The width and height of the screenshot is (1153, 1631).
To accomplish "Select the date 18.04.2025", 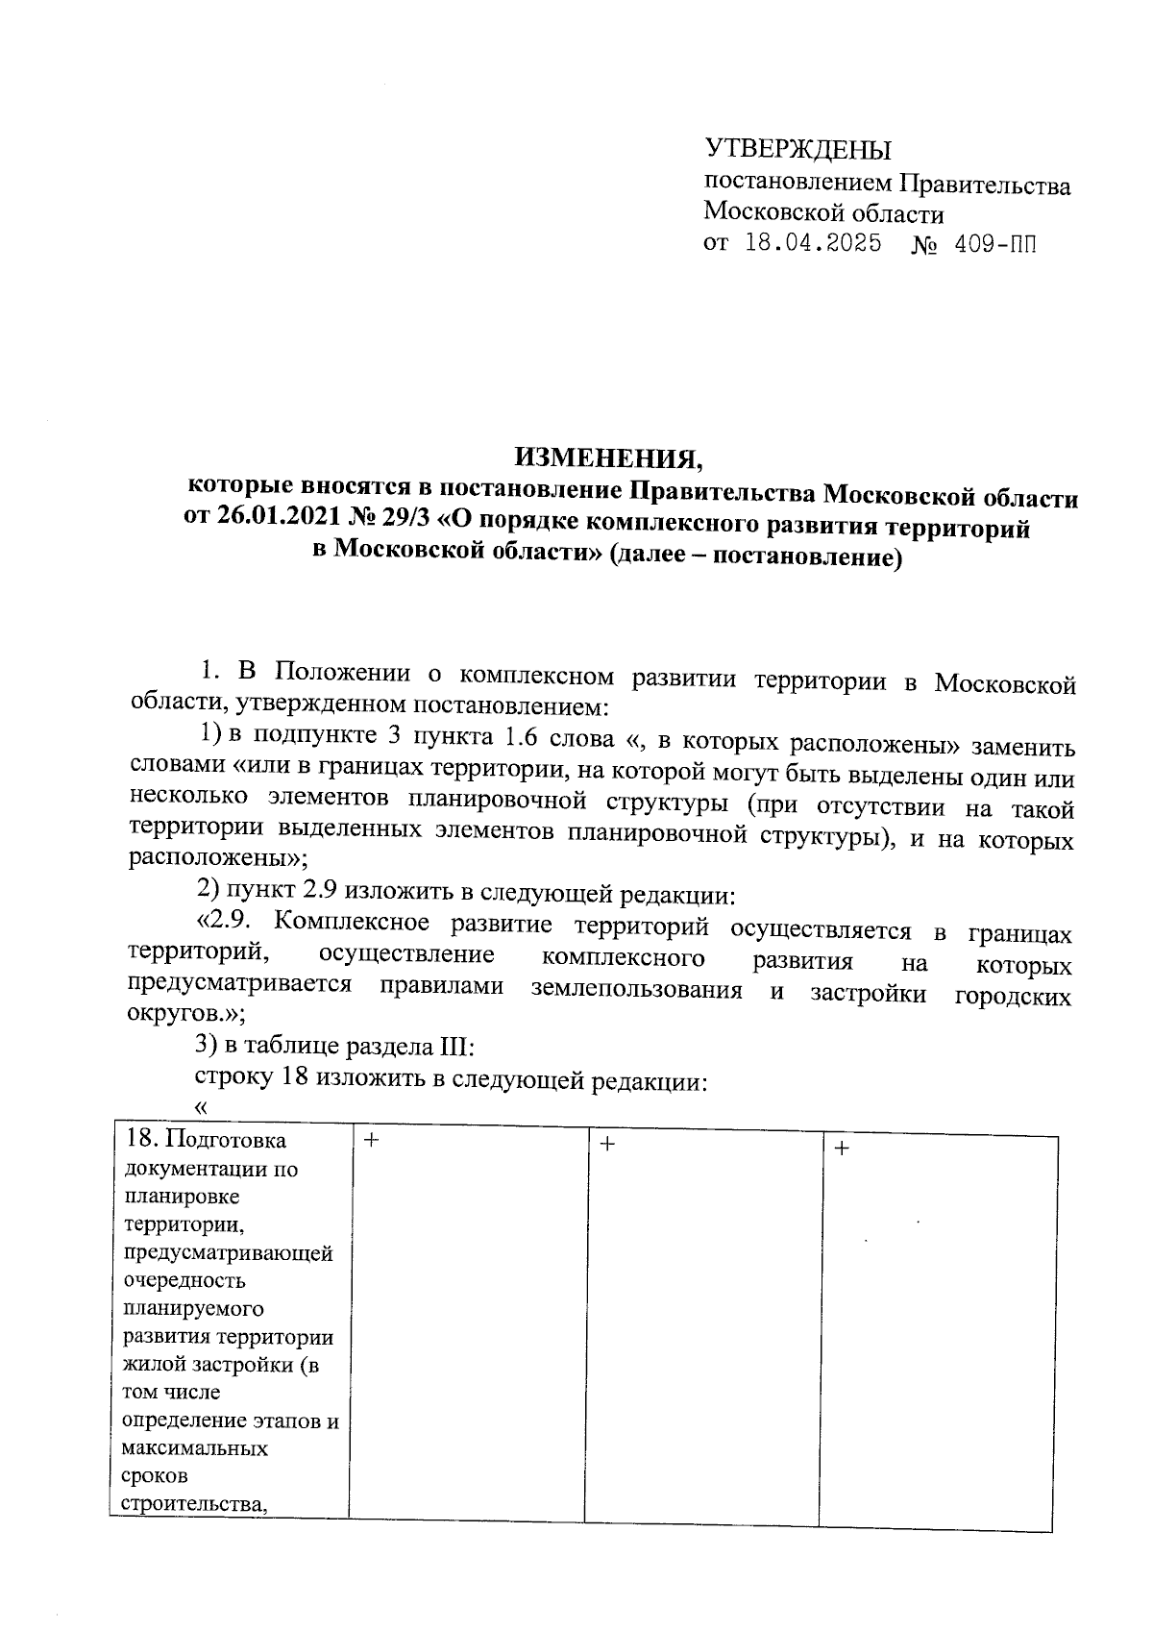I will click(x=813, y=244).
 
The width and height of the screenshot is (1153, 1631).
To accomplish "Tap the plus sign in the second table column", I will click(x=371, y=1140).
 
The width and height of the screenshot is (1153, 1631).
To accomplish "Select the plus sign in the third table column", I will click(x=606, y=1144).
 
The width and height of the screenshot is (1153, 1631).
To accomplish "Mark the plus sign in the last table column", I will click(x=842, y=1148).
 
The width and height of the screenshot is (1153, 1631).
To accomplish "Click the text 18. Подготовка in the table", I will click(x=206, y=1140).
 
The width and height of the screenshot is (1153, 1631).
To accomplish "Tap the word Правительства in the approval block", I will click(x=984, y=185).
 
